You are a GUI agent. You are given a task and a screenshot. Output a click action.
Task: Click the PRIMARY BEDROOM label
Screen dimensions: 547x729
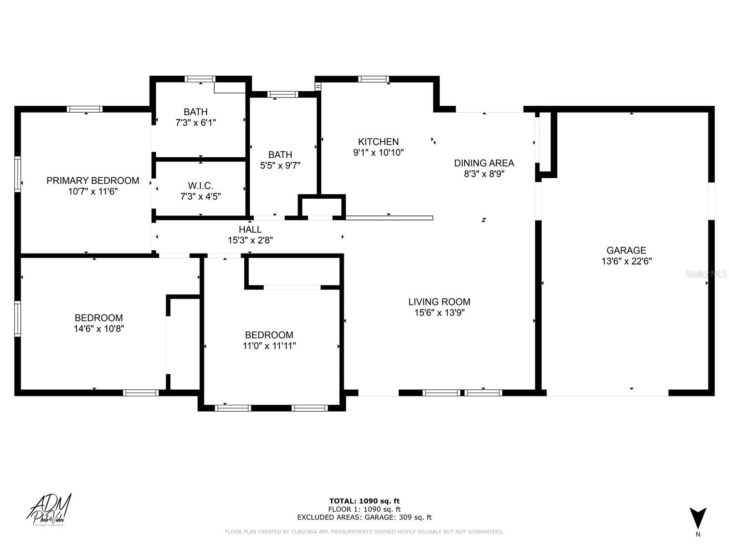pos(92,181)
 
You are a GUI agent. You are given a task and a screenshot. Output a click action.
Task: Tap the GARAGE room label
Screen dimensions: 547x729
pos(626,250)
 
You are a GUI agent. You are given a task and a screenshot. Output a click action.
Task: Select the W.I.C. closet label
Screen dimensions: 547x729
pos(200,186)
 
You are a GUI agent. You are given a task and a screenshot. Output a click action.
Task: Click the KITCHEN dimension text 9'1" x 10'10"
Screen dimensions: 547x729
pos(378,153)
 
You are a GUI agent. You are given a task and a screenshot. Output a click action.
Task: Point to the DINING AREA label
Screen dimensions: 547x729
pos(484,163)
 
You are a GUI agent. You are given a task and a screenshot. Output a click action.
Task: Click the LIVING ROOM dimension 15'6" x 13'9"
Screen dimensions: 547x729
pos(439,313)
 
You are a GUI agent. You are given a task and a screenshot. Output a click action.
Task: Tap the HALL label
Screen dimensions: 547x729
pos(250,229)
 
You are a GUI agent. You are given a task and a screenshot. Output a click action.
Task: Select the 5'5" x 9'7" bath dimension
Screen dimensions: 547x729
pos(280,165)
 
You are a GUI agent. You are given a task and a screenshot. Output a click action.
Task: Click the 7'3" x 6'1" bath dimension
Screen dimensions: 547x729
pos(195,123)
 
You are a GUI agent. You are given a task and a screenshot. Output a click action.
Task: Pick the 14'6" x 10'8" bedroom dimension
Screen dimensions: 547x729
pos(99,329)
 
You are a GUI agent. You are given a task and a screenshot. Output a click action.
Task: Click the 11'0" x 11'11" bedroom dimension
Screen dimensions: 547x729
pos(269,346)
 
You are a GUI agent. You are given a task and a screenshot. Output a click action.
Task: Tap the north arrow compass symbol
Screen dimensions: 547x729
pos(698,519)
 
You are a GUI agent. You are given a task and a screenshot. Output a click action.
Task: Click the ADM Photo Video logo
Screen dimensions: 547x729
pos(49,510)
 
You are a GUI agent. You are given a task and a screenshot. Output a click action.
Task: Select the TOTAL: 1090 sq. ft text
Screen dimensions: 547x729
pos(364,501)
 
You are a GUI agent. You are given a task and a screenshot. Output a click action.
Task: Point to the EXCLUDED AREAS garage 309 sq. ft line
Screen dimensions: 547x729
pos(364,517)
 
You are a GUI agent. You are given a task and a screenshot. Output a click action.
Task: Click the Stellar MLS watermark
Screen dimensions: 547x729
pos(706,273)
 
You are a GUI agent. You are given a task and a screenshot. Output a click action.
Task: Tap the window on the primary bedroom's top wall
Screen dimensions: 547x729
pos(85,109)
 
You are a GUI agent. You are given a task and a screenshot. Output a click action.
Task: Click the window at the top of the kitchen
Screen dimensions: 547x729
pos(374,79)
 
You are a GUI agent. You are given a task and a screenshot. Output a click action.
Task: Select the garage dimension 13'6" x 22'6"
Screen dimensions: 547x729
pos(626,261)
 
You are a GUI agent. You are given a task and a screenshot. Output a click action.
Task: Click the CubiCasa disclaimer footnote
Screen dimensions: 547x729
pos(364,532)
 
